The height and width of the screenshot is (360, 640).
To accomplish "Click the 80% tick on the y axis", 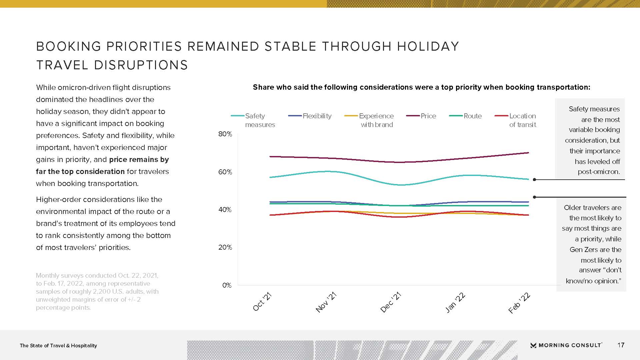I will [225, 134].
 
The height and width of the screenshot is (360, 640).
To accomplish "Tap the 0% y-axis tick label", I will [227, 285].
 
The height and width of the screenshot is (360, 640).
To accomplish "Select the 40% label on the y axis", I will [225, 210].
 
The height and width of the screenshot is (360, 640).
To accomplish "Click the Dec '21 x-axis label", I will [391, 302].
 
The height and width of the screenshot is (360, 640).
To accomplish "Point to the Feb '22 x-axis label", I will [519, 303].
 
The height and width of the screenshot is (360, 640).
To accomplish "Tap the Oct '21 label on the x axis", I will [262, 302].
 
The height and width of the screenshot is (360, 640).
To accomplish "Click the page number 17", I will [621, 345].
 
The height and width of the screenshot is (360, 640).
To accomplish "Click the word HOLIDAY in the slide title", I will [428, 46].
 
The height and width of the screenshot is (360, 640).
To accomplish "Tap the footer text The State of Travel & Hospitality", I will [58, 346].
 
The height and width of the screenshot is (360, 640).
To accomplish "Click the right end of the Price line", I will [528, 153].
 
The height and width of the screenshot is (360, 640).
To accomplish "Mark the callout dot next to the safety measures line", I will [534, 180].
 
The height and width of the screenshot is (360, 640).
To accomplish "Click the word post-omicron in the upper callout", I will [599, 172].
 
